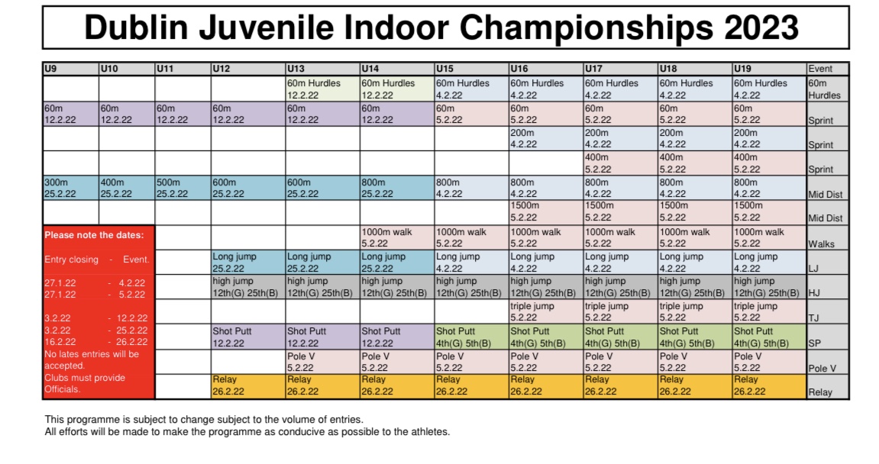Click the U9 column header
(x=70, y=69)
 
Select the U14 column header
(x=396, y=69)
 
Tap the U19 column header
(x=769, y=69)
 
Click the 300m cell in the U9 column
(x=70, y=188)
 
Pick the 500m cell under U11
(x=183, y=188)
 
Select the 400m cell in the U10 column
(x=126, y=188)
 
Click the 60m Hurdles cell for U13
(x=322, y=89)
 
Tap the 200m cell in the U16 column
(x=545, y=138)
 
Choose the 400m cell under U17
(x=620, y=163)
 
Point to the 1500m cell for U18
(x=694, y=211)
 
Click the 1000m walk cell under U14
(x=396, y=237)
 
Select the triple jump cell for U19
(x=769, y=311)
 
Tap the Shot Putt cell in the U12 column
(x=248, y=337)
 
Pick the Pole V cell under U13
(x=322, y=362)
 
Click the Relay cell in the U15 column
(x=470, y=386)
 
